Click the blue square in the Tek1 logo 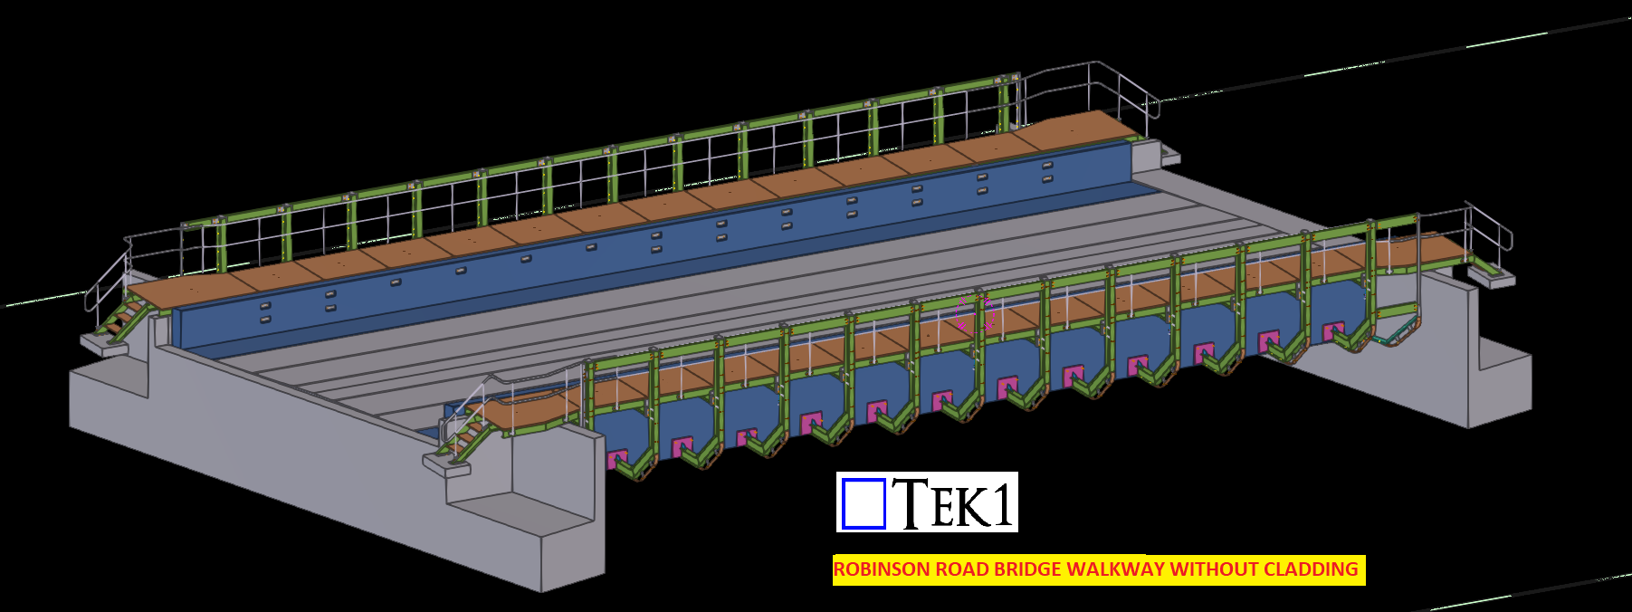863,502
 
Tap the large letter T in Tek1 911,502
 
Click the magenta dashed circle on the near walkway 975,311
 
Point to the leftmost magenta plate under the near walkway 618,458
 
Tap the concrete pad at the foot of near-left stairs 447,465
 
